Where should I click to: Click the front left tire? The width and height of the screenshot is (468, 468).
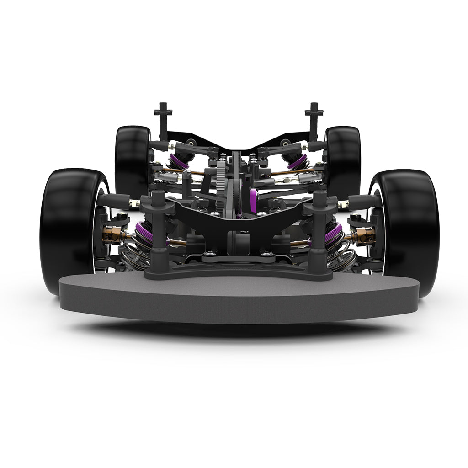[69, 229]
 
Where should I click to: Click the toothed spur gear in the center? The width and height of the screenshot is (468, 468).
[222, 183]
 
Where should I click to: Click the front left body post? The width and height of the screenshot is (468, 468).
[157, 229]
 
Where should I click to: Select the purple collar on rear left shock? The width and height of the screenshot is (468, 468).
[179, 160]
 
